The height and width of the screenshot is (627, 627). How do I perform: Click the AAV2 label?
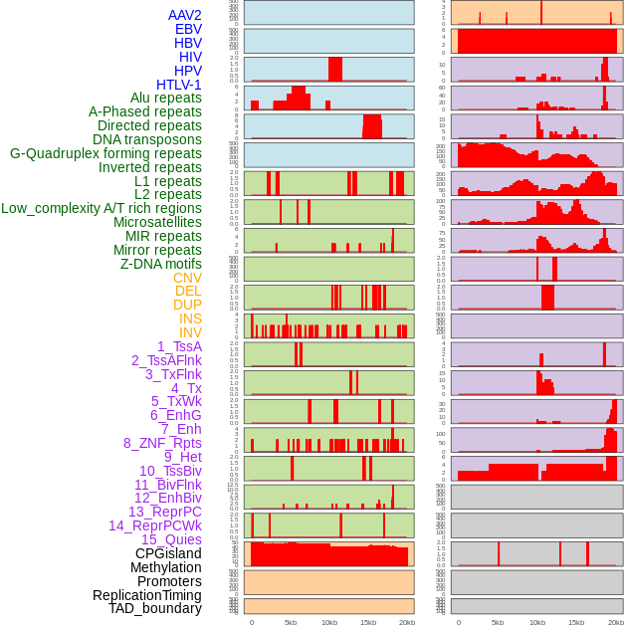tap(184, 15)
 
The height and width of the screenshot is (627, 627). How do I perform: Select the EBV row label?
tap(188, 29)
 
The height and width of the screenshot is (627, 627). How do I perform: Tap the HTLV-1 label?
tap(178, 85)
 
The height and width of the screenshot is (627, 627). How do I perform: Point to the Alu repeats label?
tap(165, 98)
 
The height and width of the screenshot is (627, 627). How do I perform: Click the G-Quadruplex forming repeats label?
tap(105, 153)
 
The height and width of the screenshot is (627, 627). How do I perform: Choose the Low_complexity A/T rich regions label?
tap(102, 208)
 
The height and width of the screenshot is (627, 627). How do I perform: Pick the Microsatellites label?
tap(157, 222)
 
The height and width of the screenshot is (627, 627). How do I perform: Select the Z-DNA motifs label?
tap(160, 264)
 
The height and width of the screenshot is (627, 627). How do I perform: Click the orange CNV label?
tap(187, 278)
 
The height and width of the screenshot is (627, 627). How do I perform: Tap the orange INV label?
tap(190, 332)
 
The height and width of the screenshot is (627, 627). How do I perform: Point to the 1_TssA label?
tap(179, 346)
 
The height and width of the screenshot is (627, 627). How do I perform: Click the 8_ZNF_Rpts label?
tap(162, 443)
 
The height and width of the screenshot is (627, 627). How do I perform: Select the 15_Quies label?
tap(171, 539)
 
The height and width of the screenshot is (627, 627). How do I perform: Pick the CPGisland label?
tap(168, 553)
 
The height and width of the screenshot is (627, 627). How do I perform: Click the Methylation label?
tap(165, 567)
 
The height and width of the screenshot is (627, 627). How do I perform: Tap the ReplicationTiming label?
tap(146, 595)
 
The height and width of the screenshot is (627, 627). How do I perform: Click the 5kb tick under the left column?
tap(291, 622)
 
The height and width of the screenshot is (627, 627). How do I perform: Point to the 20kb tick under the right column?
tap(616, 622)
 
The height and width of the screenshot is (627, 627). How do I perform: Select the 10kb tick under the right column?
tap(536, 622)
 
